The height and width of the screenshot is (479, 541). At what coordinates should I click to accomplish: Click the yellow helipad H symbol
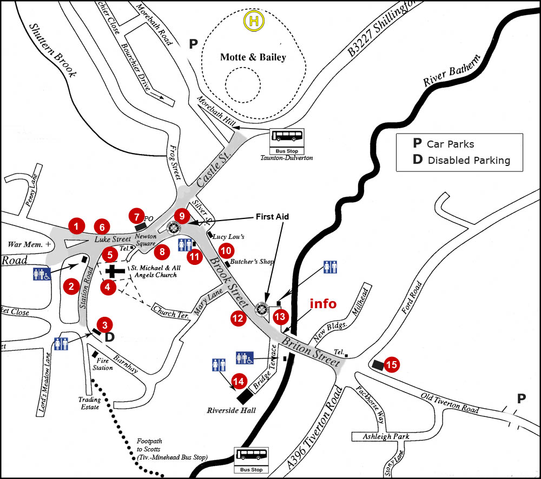click(253, 21)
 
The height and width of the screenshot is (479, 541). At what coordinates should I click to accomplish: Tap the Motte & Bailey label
click(253, 57)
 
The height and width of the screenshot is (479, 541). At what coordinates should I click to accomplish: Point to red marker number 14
click(238, 381)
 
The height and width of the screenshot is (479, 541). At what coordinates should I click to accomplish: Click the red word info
click(323, 304)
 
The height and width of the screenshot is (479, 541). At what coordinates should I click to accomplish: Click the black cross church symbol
click(114, 271)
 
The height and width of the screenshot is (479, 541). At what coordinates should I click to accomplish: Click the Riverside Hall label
click(231, 410)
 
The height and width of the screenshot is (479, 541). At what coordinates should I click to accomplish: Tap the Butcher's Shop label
click(252, 262)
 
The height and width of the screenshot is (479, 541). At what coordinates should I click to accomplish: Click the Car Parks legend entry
click(444, 144)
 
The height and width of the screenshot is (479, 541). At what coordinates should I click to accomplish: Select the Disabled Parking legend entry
click(462, 160)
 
